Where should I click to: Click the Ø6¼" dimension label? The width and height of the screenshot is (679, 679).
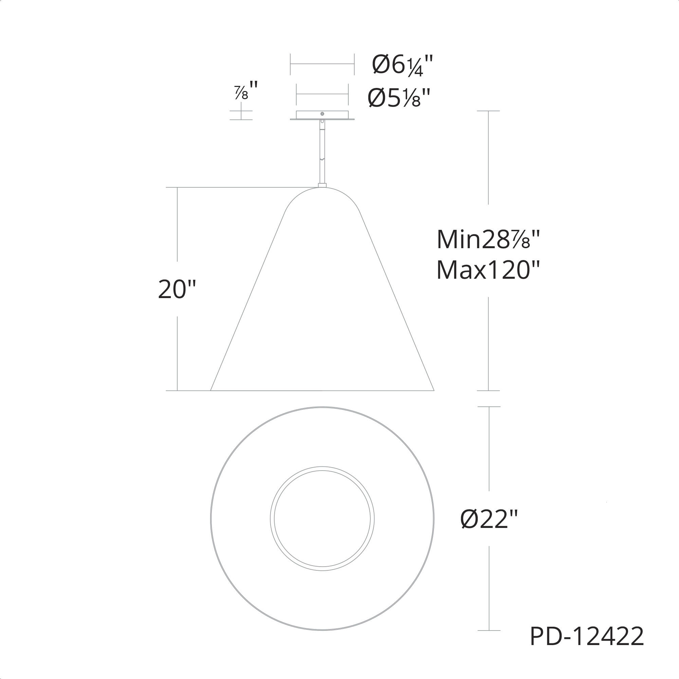402,65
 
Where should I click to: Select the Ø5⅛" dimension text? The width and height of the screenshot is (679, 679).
399,97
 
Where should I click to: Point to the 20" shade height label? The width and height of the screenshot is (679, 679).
177,289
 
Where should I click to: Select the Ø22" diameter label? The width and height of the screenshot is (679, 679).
489,519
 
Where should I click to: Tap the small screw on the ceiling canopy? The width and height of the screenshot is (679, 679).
322,113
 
